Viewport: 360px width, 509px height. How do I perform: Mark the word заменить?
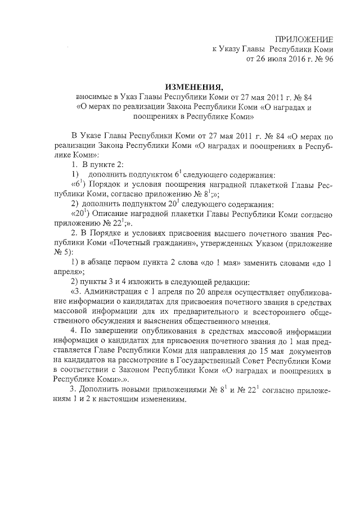(x=265, y=263)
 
